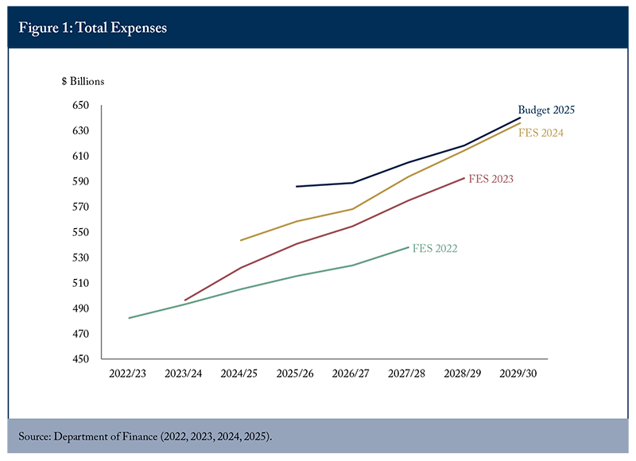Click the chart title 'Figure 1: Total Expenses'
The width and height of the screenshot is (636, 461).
pyautogui.click(x=93, y=28)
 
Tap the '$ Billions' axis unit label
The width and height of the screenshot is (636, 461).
pyautogui.click(x=82, y=81)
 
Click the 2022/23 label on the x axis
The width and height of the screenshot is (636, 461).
pyautogui.click(x=127, y=372)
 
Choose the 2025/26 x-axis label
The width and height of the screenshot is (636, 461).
pyautogui.click(x=296, y=372)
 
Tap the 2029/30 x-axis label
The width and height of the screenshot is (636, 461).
pyautogui.click(x=521, y=372)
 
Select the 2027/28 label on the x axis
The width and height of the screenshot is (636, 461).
pyautogui.click(x=409, y=372)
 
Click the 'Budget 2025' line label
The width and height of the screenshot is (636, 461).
pyautogui.click(x=546, y=110)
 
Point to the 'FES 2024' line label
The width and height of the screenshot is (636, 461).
pyautogui.click(x=541, y=134)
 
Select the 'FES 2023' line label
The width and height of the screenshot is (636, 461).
pyautogui.click(x=491, y=179)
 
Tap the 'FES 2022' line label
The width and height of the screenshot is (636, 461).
pyautogui.click(x=435, y=249)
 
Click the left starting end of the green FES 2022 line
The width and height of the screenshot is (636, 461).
pyautogui.click(x=129, y=318)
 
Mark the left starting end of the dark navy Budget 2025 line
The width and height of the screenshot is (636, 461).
pyautogui.click(x=296, y=187)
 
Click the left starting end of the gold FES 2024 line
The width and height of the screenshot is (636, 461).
pyautogui.click(x=240, y=240)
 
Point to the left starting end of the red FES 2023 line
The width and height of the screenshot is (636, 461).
pyautogui.click(x=184, y=300)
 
